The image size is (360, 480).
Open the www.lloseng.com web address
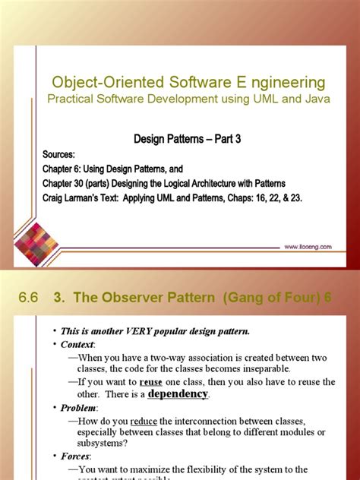[x=311, y=246]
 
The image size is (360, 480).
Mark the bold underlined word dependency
[x=177, y=393]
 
